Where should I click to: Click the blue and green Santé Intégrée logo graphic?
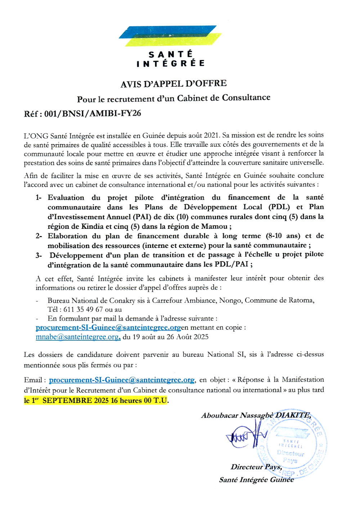(170, 36)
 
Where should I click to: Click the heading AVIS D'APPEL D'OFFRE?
(174, 84)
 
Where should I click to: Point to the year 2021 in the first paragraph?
(211, 135)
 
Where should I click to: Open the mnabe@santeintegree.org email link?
(78, 337)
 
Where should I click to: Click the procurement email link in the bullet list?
(108, 328)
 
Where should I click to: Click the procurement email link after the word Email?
(122, 380)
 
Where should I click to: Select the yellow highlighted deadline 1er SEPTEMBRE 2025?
(96, 400)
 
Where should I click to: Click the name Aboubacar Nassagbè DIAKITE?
(256, 415)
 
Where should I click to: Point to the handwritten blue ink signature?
(245, 435)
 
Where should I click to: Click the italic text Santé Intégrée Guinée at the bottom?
(256, 480)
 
